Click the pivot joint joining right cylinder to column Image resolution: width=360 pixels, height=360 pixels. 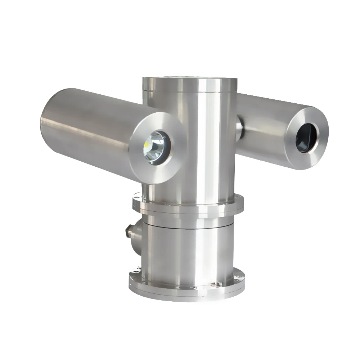239,128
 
